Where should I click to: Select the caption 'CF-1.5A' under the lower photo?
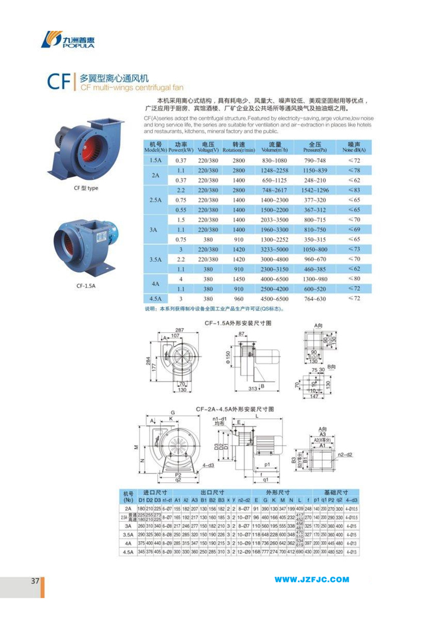point(86,287)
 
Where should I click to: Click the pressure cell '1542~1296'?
point(314,190)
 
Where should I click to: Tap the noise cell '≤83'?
point(355,190)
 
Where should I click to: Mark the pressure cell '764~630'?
point(314,298)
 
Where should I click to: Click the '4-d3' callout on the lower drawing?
point(208,465)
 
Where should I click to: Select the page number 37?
point(35,580)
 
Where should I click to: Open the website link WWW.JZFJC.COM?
point(312,580)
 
